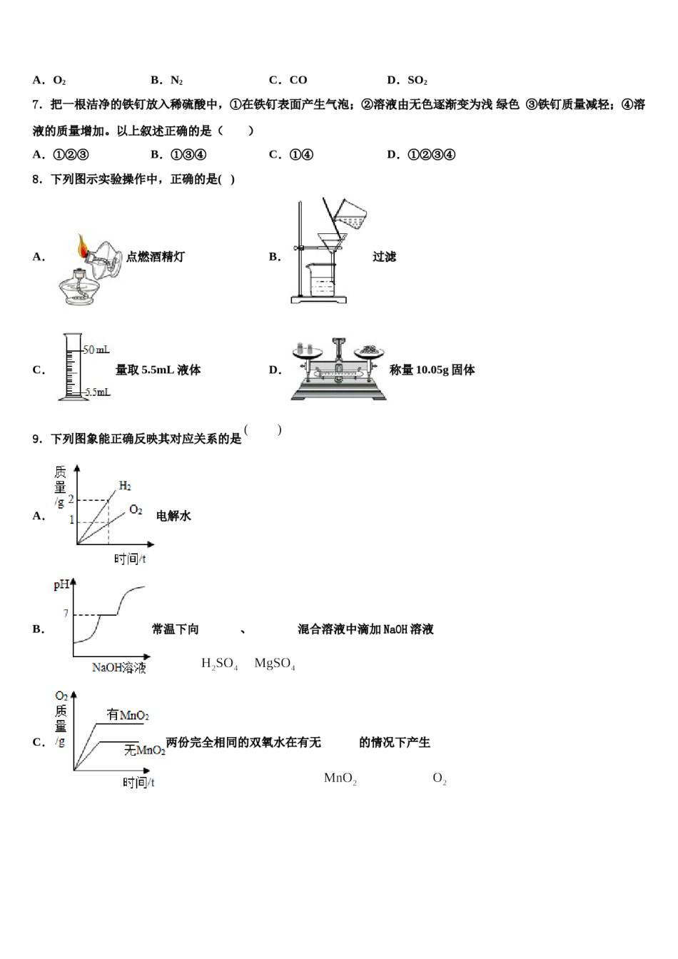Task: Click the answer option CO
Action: [x=298, y=81]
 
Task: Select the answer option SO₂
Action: [x=417, y=81]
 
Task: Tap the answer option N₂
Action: [x=176, y=81]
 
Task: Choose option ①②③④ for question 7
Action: [x=431, y=155]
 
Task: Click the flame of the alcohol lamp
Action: [x=83, y=247]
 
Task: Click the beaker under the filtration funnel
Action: [x=320, y=278]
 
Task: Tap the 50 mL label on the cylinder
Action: [x=96, y=350]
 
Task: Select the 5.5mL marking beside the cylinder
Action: [x=97, y=392]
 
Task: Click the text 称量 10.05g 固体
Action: [x=432, y=370]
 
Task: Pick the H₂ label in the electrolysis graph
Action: [x=125, y=486]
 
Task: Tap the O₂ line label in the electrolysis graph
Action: [x=136, y=510]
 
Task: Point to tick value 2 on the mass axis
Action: [x=71, y=499]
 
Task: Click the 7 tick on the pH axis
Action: [x=66, y=614]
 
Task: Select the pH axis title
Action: [x=62, y=586]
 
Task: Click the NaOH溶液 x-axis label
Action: [x=118, y=668]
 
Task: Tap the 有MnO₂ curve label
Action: [x=127, y=715]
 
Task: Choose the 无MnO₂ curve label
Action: [x=144, y=750]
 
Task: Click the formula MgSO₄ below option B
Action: [x=275, y=664]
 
